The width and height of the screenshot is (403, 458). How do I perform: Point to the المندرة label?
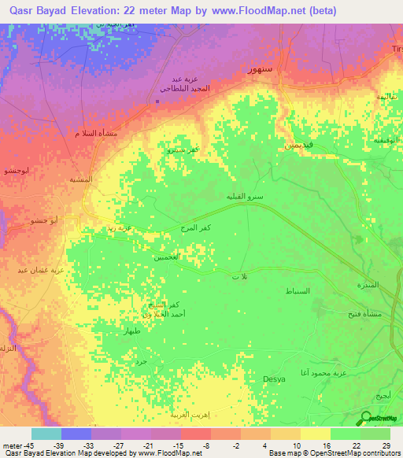click(x=368, y=284)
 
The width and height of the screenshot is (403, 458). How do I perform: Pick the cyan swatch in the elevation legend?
click(x=46, y=434)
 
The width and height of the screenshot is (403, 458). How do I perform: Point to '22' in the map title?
click(x=144, y=11)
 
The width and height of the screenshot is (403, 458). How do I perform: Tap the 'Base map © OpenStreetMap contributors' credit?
click(x=333, y=453)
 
